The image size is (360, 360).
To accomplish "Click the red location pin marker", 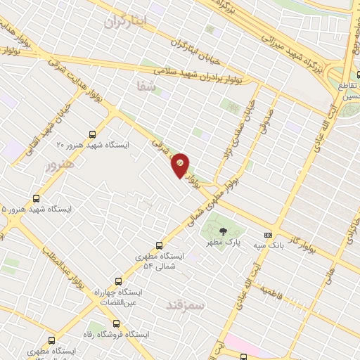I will click(181, 165).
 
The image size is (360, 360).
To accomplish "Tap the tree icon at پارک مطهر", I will click(223, 231).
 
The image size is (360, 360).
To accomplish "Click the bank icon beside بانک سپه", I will click(267, 235).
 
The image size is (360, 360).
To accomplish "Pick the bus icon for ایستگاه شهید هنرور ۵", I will click(37, 199).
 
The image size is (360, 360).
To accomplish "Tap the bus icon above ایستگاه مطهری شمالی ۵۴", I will click(160, 246).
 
